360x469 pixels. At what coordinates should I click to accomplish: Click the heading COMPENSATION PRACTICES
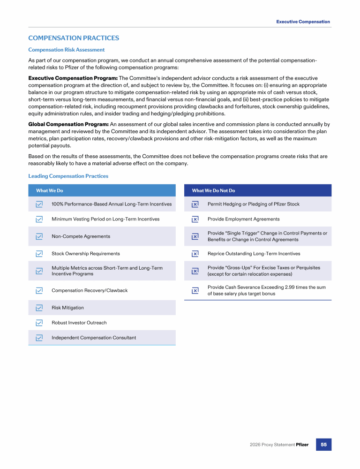click(74, 38)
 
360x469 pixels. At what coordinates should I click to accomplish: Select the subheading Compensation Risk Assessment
click(66, 50)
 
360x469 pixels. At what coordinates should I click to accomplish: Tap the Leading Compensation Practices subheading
click(68, 176)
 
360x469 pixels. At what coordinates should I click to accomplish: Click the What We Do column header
click(50, 190)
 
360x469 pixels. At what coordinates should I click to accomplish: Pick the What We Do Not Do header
click(213, 190)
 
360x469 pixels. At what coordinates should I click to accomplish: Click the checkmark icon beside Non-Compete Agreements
click(39, 236)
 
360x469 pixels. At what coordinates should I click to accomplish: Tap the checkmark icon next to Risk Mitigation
click(39, 308)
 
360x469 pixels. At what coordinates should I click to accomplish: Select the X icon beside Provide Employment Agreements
click(195, 219)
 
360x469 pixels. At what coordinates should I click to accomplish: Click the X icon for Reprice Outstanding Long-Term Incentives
click(195, 254)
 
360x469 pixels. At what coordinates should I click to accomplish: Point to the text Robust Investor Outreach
click(79, 323)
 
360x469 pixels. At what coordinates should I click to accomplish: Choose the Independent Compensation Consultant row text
click(94, 338)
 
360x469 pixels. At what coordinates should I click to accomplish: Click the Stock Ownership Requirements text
click(85, 254)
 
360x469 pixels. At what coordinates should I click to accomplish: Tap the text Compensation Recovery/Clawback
click(90, 290)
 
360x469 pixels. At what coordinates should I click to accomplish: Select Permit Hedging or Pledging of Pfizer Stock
click(253, 204)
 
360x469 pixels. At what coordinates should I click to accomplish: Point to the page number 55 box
click(323, 444)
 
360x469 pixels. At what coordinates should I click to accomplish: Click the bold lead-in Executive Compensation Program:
click(73, 78)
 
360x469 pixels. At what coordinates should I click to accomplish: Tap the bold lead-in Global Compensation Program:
click(68, 124)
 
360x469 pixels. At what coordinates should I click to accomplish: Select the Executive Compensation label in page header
click(303, 22)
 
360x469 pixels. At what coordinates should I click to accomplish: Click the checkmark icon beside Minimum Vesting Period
click(39, 219)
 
